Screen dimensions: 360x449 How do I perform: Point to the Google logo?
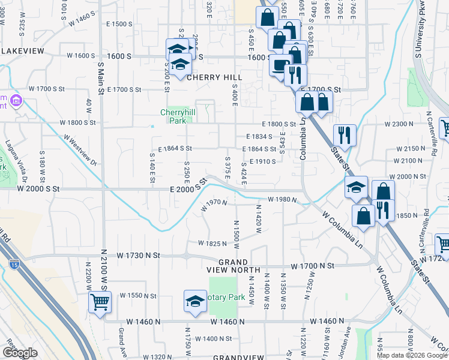click(x=20, y=353)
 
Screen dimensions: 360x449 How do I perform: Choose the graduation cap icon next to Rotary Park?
click(x=195, y=302)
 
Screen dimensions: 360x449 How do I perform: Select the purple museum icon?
click(x=16, y=100)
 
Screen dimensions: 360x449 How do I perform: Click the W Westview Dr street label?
click(x=80, y=149)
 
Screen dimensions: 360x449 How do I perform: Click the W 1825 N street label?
click(x=213, y=244)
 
